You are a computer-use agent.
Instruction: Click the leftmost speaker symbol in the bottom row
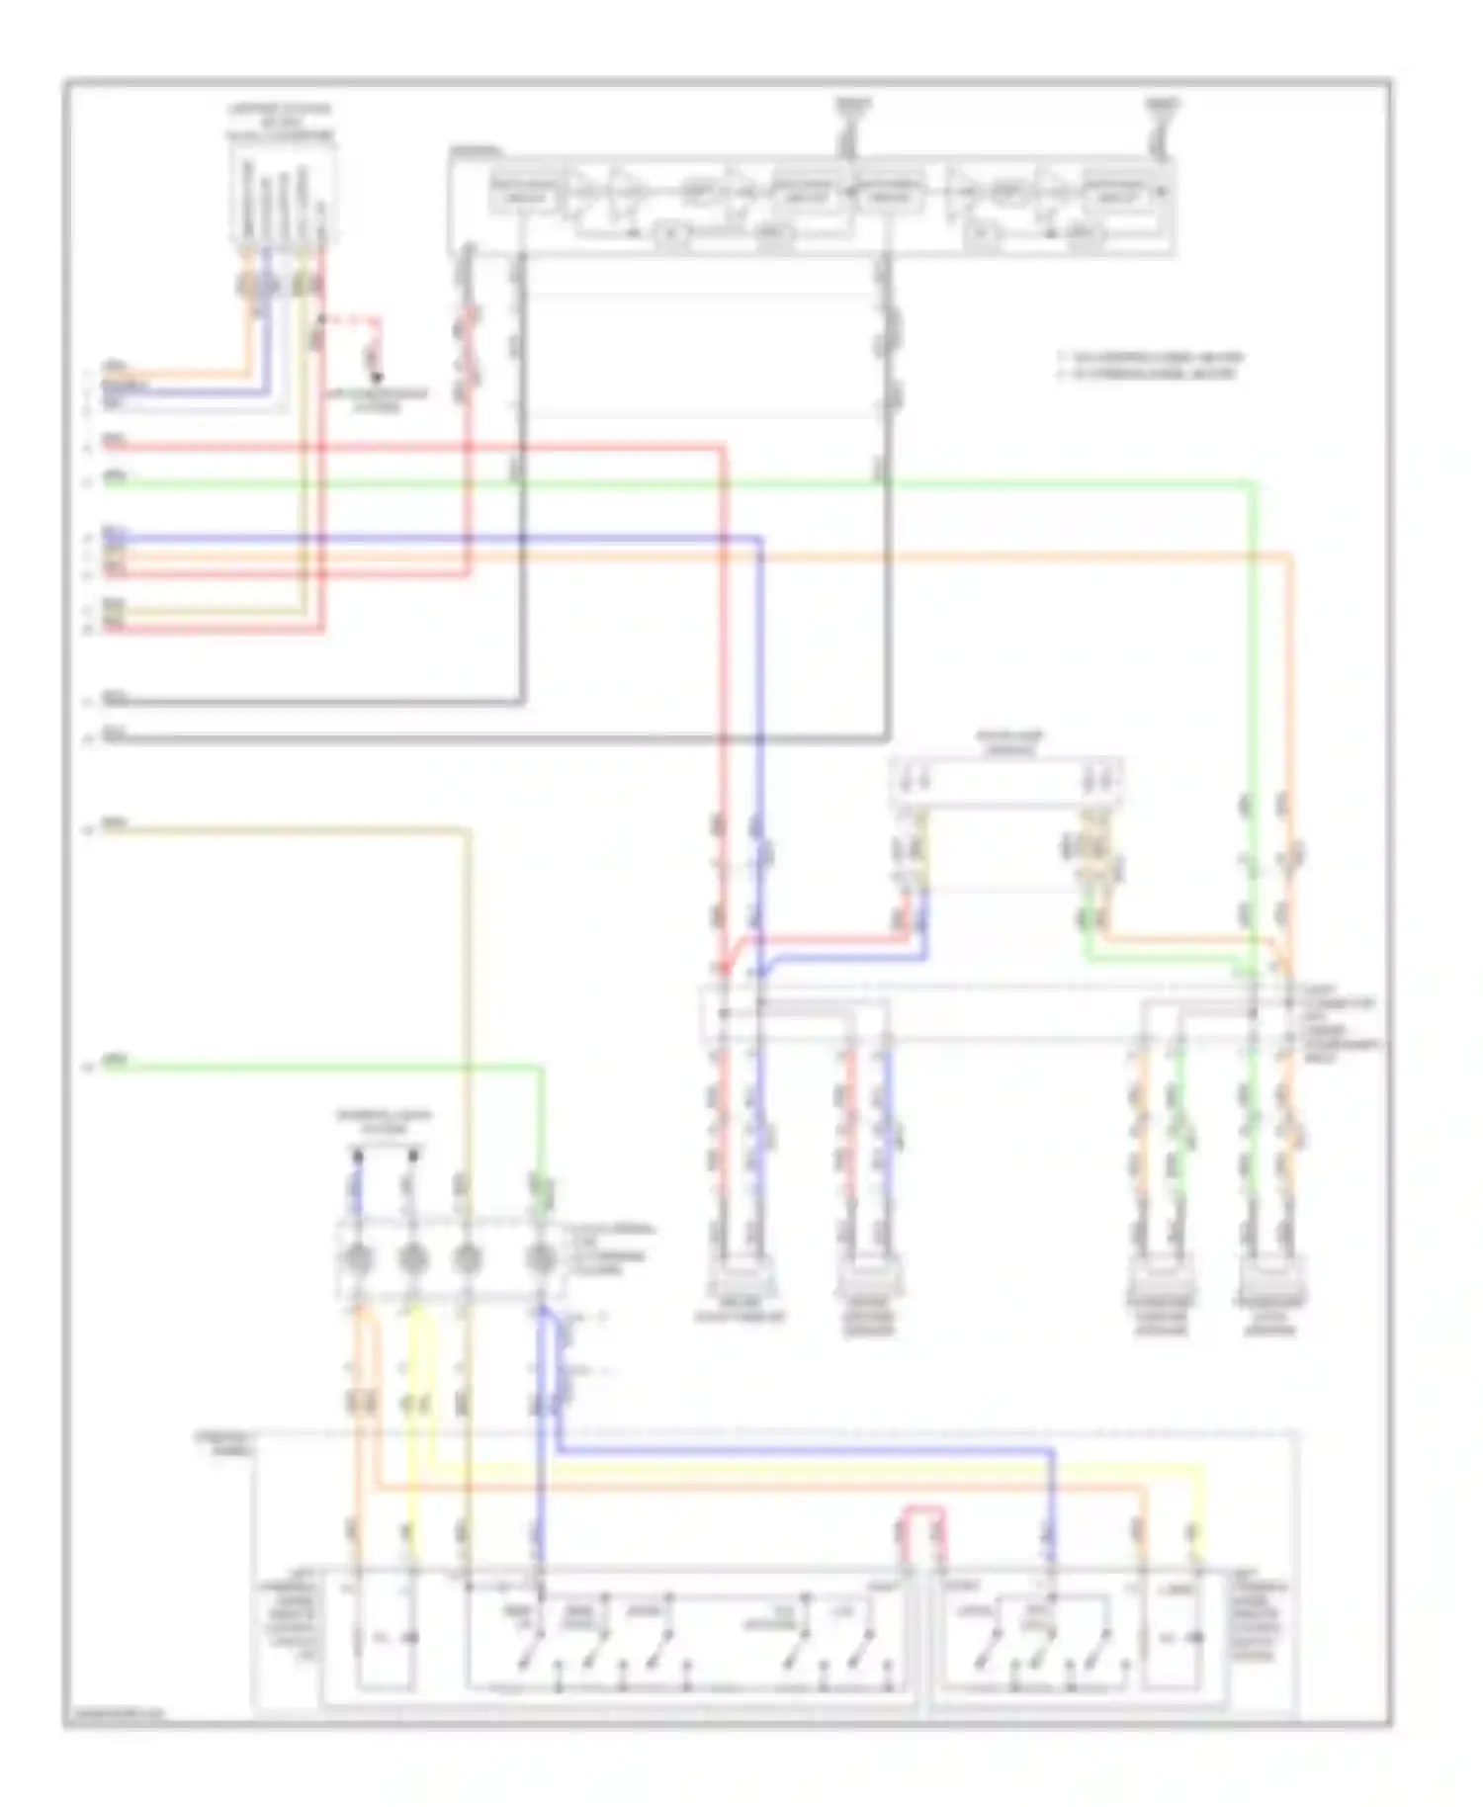coord(740,1278)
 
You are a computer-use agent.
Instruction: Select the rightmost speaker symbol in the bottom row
coord(1271,1278)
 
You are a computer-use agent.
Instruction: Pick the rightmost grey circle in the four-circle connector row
coord(540,1258)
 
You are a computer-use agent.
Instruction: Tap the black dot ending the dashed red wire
coord(376,377)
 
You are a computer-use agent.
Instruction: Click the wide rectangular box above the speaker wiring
coord(1006,781)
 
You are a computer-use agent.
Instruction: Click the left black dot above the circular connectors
coord(358,1154)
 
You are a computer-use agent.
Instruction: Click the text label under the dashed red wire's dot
coord(378,399)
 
